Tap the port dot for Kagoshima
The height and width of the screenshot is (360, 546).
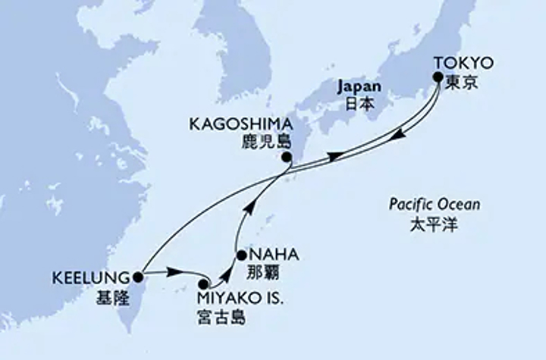(x=286, y=158)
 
